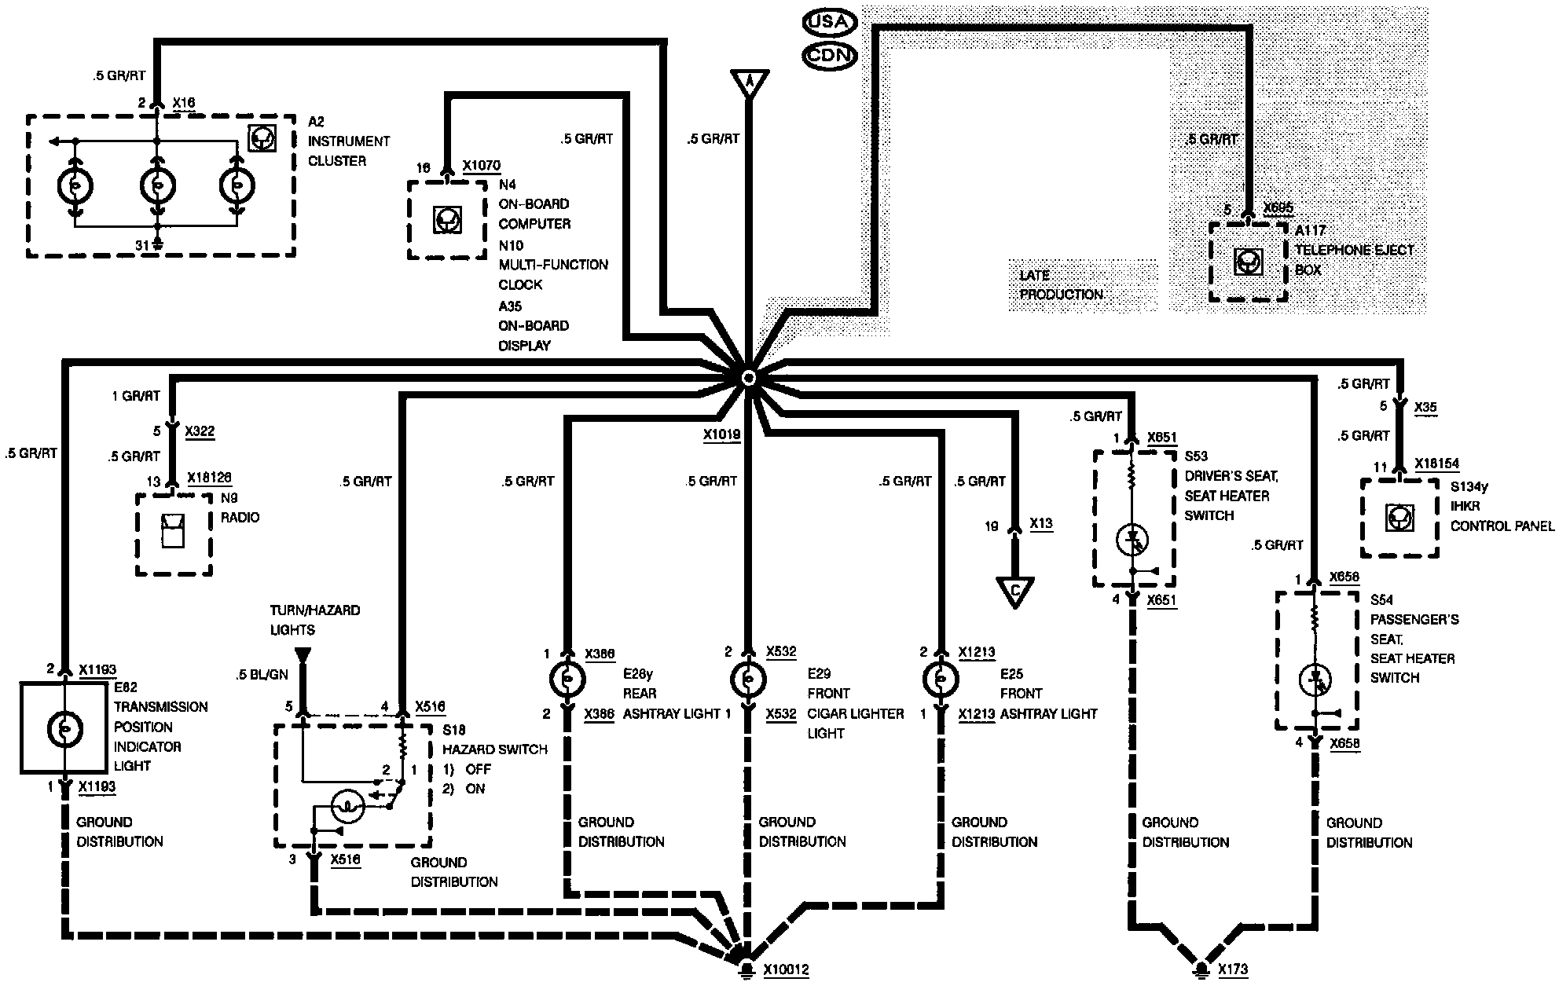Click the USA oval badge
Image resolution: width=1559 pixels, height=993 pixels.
[x=829, y=22]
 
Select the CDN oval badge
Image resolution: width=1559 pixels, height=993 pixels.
[x=829, y=56]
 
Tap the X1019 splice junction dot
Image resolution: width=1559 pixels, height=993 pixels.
[x=748, y=378]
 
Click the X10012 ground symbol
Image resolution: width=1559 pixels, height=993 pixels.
[x=742, y=969]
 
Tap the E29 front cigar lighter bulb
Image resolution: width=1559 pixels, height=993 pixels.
[x=748, y=680]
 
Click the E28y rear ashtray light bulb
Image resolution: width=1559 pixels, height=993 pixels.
[x=567, y=680]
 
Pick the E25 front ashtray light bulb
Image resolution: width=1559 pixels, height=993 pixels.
[x=939, y=680]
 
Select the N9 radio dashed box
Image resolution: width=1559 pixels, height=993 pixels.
[x=174, y=534]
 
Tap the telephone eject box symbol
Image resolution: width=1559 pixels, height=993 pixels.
[x=1248, y=262]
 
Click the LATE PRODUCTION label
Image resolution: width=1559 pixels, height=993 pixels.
[x=1061, y=284]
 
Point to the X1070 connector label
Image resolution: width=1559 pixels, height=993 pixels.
[x=481, y=166]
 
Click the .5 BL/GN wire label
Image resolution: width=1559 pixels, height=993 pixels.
[x=262, y=675]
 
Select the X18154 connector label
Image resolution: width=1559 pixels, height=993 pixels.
[x=1436, y=464]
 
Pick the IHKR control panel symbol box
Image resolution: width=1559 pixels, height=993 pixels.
[x=1399, y=517]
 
